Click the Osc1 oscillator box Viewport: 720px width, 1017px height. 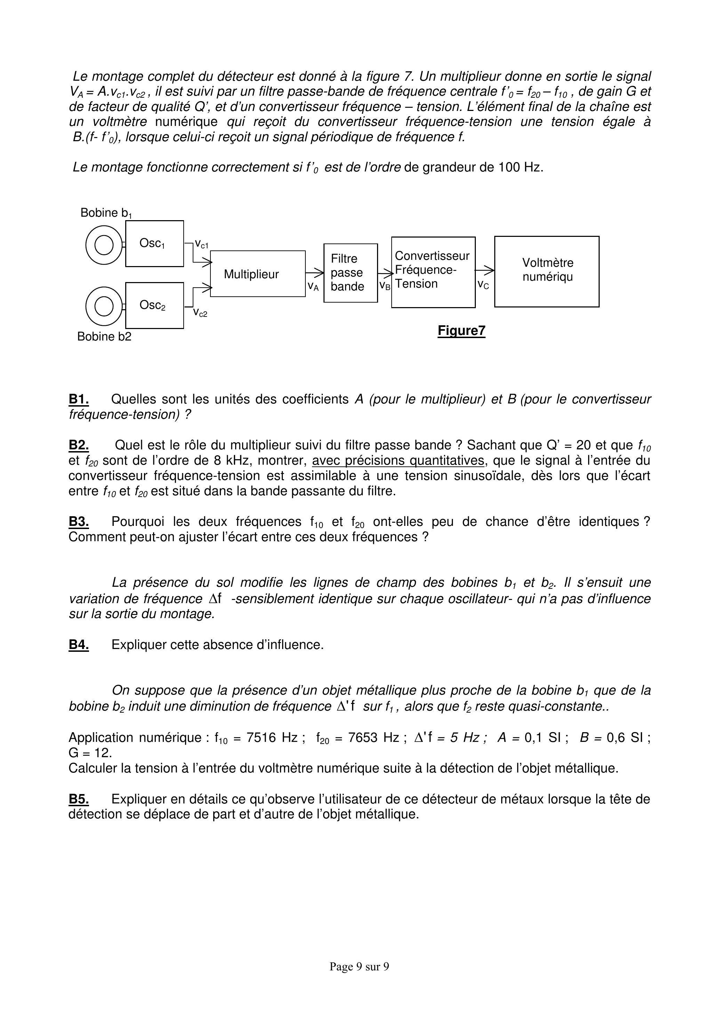pyautogui.click(x=154, y=243)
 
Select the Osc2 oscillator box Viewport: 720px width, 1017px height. pyautogui.click(x=154, y=305)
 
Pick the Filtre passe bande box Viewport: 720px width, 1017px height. pyautogui.click(x=350, y=273)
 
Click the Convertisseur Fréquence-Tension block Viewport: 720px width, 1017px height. pyautogui.click(x=433, y=272)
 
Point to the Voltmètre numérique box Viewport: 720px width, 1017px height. pyautogui.click(x=547, y=271)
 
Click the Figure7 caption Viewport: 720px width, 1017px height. pyautogui.click(x=461, y=331)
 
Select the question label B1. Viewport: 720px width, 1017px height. pyautogui.click(x=79, y=399)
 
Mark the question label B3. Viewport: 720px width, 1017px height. pyautogui.click(x=79, y=521)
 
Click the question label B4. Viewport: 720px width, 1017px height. pyautogui.click(x=79, y=644)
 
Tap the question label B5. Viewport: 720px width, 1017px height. pyautogui.click(x=79, y=799)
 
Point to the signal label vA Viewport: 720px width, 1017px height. pyautogui.click(x=313, y=287)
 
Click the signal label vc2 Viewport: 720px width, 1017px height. pyautogui.click(x=200, y=313)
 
